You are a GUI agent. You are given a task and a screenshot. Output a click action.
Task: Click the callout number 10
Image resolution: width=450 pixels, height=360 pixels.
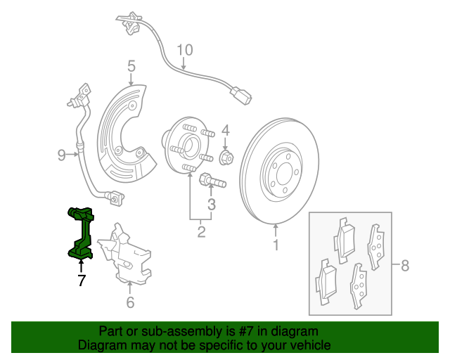pos(185,50)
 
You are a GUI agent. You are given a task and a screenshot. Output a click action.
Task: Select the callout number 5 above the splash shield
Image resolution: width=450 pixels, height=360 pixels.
pos(131,66)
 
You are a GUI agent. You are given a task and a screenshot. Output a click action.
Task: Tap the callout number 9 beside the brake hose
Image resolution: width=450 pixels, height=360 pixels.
pos(62,155)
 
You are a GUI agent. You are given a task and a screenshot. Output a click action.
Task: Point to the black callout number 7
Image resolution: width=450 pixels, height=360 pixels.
pos(82,280)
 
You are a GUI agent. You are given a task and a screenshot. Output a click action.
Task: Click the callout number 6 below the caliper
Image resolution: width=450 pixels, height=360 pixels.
pos(130,302)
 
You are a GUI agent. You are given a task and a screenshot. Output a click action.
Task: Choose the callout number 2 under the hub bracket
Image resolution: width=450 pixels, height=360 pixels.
pos(202,231)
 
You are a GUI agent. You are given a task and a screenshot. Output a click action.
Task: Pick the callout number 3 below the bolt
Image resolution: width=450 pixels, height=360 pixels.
pos(212,205)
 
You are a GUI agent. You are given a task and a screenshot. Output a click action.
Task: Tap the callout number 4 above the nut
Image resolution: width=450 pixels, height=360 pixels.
pos(226,130)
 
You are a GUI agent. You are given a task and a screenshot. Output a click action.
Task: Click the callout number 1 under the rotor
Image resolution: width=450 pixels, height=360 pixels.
pos(276,245)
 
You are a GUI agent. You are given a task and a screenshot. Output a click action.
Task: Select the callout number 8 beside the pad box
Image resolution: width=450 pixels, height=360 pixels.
pos(405,265)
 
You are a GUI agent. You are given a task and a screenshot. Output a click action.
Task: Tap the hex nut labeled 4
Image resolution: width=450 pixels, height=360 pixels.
pos(226,157)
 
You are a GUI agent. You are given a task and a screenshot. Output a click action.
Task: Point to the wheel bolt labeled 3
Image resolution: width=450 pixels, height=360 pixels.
pos(212,180)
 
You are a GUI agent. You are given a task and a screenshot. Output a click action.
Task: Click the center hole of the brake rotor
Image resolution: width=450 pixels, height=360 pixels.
pos(285,174)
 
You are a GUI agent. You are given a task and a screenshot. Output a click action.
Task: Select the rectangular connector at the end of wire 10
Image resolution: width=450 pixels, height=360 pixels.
pos(240,96)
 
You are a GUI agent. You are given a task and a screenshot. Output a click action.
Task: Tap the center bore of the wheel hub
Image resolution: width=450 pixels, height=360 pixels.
pos(189,146)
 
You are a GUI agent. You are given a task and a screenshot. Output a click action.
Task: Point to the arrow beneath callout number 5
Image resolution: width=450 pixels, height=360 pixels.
pos(131,79)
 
